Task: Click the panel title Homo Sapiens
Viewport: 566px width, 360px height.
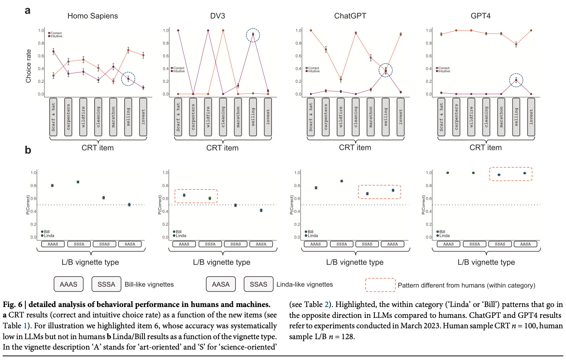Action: click(92, 16)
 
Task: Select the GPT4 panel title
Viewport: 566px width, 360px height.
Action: click(480, 16)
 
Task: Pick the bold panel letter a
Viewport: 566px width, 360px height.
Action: click(28, 10)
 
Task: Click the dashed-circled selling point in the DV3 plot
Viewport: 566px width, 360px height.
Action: click(253, 34)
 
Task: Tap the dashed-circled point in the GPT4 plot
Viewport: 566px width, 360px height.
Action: click(516, 80)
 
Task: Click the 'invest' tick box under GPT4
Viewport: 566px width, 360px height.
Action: click(531, 116)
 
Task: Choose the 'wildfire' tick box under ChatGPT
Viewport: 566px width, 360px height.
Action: click(340, 116)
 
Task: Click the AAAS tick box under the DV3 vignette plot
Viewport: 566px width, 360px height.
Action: click(184, 244)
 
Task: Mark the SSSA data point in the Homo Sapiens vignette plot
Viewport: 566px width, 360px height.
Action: click(78, 182)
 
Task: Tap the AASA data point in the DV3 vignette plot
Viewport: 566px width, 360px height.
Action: click(261, 210)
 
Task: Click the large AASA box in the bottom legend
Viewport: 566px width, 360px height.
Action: click(221, 284)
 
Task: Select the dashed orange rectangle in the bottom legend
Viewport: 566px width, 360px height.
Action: click(379, 285)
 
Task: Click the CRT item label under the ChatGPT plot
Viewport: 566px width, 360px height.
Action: click(355, 147)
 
